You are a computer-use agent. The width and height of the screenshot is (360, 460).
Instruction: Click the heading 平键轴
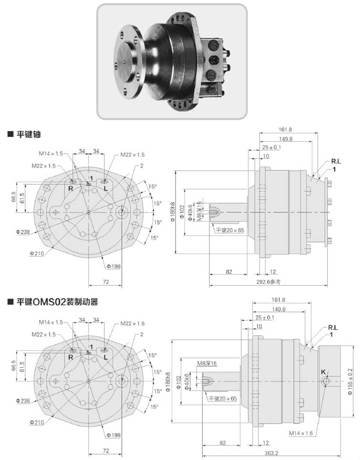28,134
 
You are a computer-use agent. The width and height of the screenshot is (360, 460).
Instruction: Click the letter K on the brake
323,372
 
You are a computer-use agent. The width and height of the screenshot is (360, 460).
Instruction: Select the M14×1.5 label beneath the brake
300,433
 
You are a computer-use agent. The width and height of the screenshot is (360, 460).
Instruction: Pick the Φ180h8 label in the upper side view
172,212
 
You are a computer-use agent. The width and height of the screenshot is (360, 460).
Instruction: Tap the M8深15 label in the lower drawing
207,363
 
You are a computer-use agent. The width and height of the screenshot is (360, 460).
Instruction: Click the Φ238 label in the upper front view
22,232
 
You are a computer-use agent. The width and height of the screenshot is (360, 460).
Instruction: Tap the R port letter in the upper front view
71,188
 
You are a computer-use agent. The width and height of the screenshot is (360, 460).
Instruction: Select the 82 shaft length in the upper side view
229,272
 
